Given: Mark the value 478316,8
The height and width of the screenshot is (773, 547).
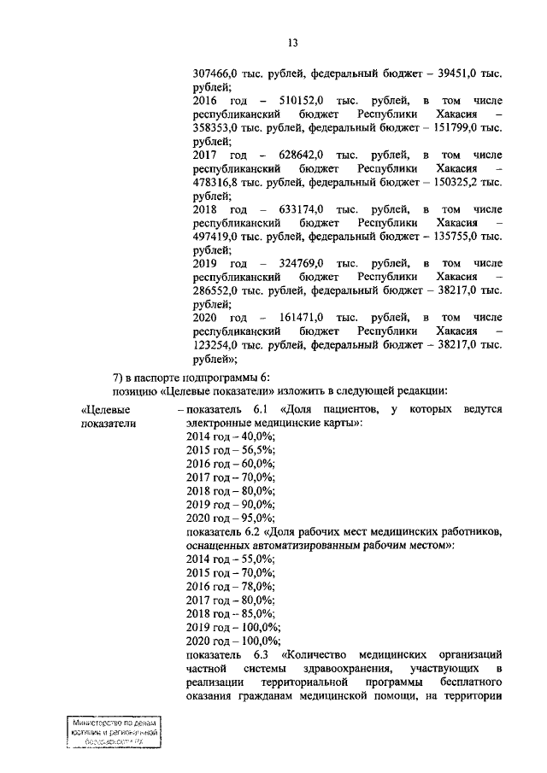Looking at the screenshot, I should click(x=222, y=182).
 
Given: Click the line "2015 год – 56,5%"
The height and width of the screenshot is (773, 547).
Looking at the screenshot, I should click(x=230, y=449).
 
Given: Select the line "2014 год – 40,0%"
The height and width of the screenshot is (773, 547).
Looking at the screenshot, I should click(x=230, y=436).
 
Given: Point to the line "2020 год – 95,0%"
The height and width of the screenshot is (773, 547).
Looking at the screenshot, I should click(x=230, y=518).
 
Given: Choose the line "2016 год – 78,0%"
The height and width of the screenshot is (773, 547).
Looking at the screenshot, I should click(x=230, y=586).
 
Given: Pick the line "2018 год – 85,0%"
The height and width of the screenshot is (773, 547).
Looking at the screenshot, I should click(x=230, y=613).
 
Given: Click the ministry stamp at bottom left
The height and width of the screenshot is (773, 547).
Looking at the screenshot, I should click(x=115, y=734).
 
